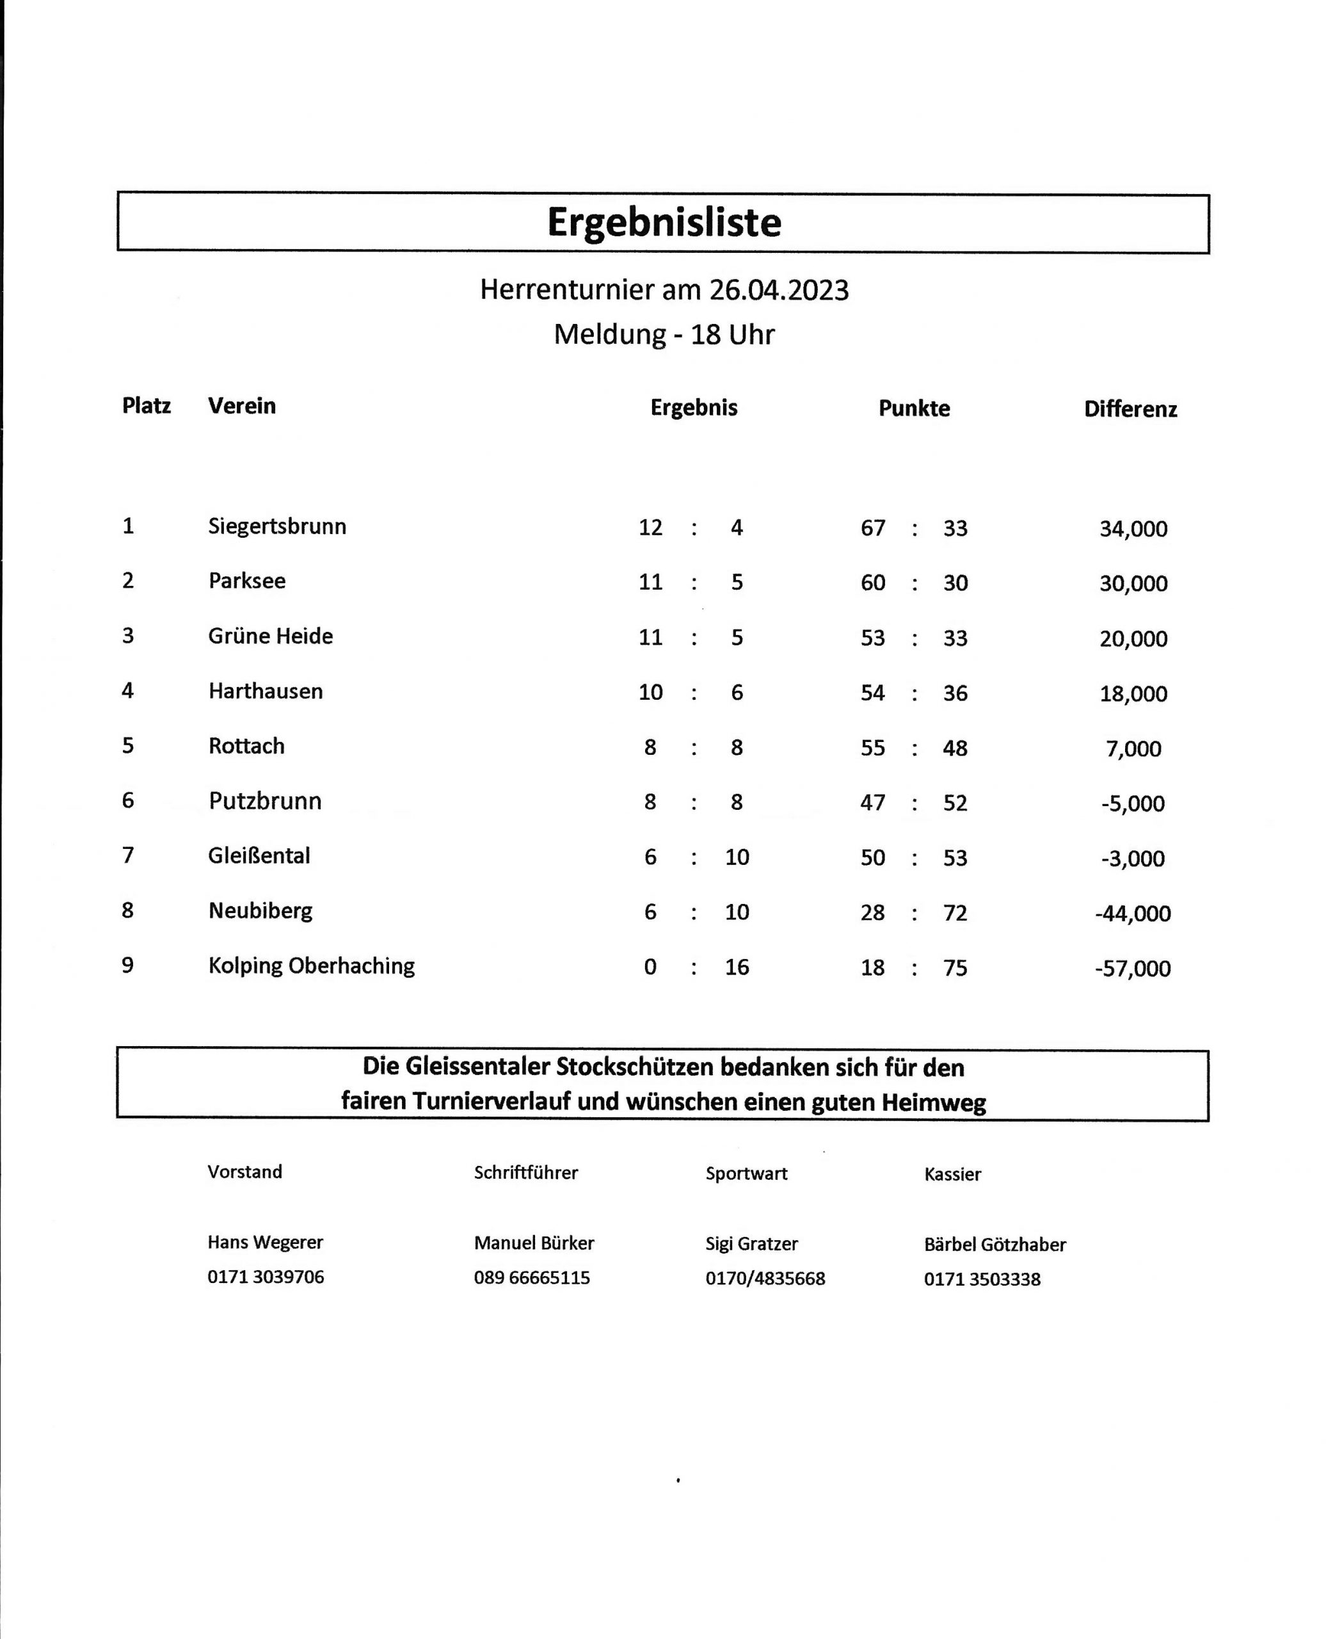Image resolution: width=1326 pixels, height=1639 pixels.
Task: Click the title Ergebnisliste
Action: [664, 222]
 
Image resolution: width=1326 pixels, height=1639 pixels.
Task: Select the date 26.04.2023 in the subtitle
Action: [778, 291]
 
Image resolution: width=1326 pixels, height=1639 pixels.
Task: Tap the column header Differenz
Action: [1130, 410]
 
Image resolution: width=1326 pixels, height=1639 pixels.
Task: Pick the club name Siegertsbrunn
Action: [276, 526]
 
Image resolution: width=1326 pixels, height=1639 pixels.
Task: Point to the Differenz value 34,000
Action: [1133, 529]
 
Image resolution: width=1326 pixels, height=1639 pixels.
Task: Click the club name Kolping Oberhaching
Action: [311, 966]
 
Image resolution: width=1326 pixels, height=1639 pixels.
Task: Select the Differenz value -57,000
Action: [1132, 969]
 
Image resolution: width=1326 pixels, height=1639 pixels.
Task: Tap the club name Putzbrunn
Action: [264, 802]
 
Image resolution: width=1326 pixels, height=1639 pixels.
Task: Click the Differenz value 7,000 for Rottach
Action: [1133, 749]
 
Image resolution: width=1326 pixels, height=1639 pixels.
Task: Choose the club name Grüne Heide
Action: [271, 636]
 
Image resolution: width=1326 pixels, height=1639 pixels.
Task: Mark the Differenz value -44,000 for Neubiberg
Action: [1132, 914]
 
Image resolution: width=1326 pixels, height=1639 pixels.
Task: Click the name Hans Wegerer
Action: [265, 1243]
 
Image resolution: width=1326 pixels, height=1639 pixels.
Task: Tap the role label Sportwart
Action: [746, 1174]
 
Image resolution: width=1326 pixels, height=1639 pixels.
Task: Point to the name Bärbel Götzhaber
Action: [994, 1245]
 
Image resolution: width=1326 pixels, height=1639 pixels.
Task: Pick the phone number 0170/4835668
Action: [765, 1279]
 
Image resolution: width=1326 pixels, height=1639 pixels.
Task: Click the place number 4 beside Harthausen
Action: [127, 691]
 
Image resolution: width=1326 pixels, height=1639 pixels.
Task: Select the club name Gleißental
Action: [259, 856]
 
